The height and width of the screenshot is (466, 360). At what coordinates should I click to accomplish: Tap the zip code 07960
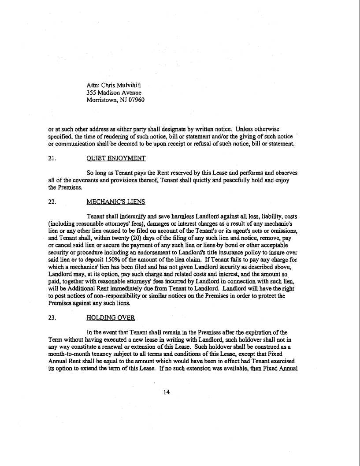coord(136,100)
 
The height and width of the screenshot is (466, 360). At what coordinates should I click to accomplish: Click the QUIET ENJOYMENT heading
coord(110,158)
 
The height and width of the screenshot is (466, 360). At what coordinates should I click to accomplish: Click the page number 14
coord(166,392)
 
